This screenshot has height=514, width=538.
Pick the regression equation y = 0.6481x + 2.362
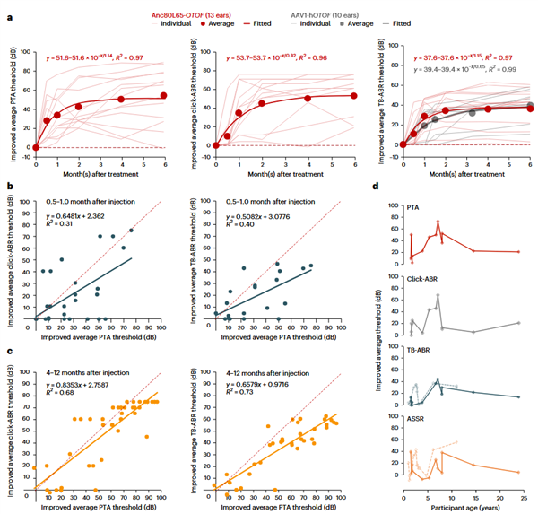[69, 216]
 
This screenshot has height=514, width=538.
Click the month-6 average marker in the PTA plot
[163, 95]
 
